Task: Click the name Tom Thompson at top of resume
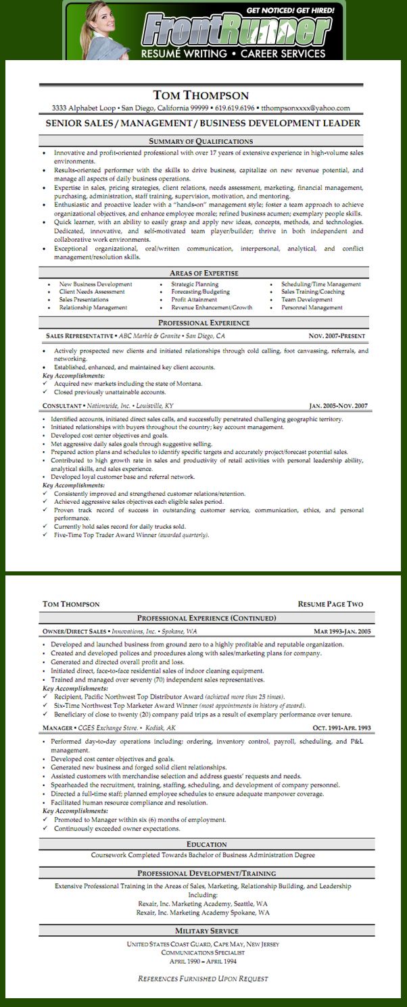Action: [x=201, y=95]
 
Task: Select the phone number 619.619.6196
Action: [x=235, y=108]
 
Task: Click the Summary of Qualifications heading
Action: [x=201, y=141]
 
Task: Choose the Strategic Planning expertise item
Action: [x=195, y=284]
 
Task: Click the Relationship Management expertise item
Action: [x=93, y=307]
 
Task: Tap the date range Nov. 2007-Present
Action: [x=337, y=336]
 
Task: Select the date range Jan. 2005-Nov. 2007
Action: [x=338, y=406]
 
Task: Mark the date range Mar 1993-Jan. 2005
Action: [x=342, y=631]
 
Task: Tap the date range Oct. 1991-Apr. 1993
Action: [x=341, y=728]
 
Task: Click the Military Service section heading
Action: [x=207, y=931]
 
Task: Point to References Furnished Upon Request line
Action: [x=203, y=978]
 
